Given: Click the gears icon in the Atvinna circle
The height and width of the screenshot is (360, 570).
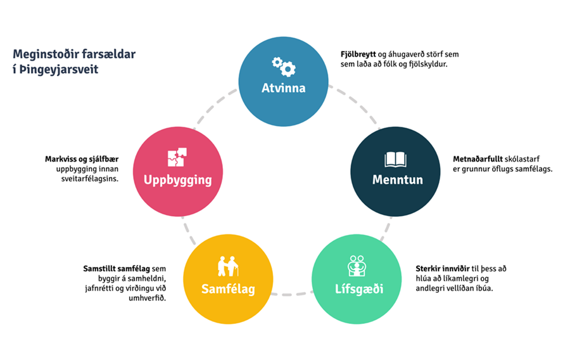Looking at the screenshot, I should (283, 65).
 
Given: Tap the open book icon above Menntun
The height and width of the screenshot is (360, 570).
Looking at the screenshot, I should (395, 160).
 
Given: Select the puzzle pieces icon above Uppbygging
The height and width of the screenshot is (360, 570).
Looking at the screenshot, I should (176, 158).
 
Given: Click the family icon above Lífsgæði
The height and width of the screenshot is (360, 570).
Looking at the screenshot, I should (357, 265).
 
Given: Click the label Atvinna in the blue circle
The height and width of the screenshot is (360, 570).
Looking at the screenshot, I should (283, 88).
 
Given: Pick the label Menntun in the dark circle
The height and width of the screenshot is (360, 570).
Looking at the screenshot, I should (397, 179).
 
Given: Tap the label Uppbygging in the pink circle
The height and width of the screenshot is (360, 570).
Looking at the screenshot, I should (177, 179).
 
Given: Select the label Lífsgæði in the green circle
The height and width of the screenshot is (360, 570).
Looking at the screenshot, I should (358, 290).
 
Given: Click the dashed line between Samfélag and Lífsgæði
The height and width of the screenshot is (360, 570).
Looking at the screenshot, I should (293, 294).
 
